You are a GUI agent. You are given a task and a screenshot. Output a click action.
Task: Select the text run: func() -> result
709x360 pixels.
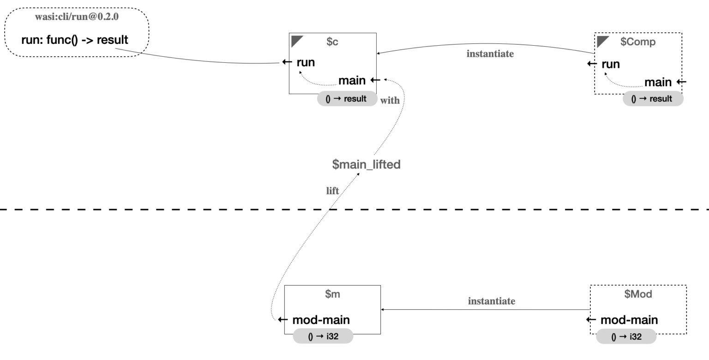click(75, 40)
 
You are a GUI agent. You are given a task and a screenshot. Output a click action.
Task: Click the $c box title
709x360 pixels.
click(332, 42)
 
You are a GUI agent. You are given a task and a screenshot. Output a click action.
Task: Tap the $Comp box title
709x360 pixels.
click(638, 42)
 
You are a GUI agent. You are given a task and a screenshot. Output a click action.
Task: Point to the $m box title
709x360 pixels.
click(332, 294)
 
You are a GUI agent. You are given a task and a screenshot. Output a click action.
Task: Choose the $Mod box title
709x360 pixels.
click(638, 294)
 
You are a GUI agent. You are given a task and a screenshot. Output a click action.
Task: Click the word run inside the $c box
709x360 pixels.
click(306, 62)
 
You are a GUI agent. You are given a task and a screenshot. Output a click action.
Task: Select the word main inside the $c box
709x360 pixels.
click(352, 80)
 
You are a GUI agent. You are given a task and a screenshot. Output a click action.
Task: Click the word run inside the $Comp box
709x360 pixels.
click(611, 64)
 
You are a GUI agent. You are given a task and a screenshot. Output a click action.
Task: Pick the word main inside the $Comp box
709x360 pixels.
click(658, 82)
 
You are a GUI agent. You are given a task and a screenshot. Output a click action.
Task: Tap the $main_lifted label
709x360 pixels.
click(367, 164)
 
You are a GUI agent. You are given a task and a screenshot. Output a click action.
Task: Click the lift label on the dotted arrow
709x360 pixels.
click(332, 191)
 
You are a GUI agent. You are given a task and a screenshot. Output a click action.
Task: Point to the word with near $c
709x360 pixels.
click(390, 100)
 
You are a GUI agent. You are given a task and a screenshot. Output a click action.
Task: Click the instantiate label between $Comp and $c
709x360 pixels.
click(490, 54)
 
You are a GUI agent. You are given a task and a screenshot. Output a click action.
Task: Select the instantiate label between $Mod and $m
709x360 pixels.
click(492, 301)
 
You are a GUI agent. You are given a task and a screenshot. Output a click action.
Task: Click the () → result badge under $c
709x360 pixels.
click(347, 99)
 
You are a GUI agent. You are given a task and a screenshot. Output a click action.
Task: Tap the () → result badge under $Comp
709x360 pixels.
click(653, 99)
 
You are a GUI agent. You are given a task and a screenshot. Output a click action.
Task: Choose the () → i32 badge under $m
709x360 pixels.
click(323, 336)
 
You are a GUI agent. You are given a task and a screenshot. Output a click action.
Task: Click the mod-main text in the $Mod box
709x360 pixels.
click(629, 320)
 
